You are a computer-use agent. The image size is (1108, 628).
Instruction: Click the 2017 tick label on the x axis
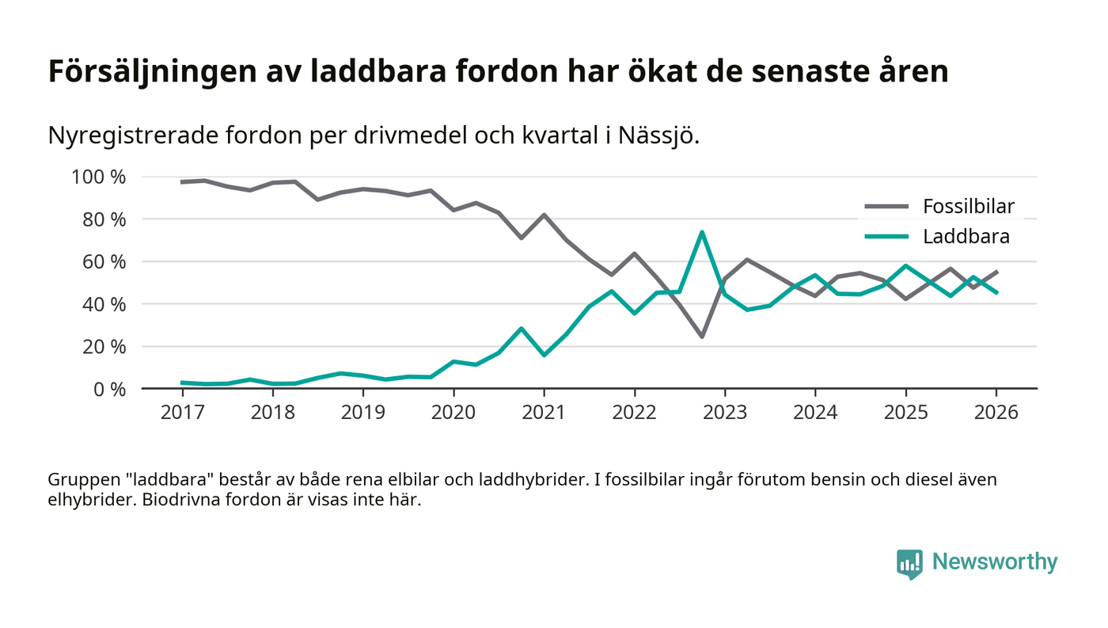click(181, 413)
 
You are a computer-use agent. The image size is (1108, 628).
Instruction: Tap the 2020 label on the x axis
click(453, 413)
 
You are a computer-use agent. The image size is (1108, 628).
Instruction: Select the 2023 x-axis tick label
click(725, 413)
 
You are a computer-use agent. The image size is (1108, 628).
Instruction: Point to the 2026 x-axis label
click(996, 413)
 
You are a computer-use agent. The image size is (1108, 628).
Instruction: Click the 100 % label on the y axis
click(99, 177)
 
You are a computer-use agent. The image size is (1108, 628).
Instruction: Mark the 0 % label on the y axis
click(109, 389)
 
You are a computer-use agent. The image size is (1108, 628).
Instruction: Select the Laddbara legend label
click(966, 236)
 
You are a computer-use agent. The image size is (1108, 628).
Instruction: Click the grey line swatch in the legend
click(886, 207)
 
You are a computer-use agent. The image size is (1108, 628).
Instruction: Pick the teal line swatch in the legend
click(886, 236)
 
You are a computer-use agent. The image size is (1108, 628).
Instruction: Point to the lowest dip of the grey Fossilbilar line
click(702, 337)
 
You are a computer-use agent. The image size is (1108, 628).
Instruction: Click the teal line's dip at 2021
click(544, 355)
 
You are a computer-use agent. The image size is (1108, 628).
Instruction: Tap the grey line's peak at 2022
click(634, 253)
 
